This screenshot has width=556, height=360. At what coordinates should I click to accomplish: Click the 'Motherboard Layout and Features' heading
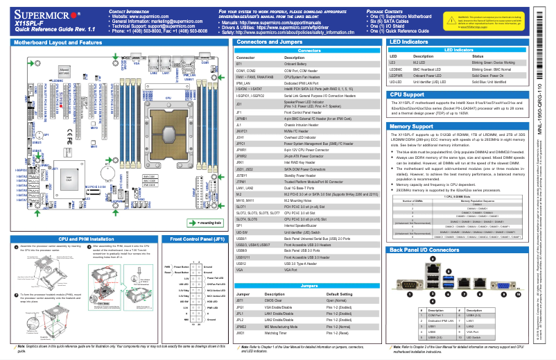pos(55,42)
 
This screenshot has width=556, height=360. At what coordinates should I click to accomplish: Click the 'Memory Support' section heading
pos(412,127)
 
